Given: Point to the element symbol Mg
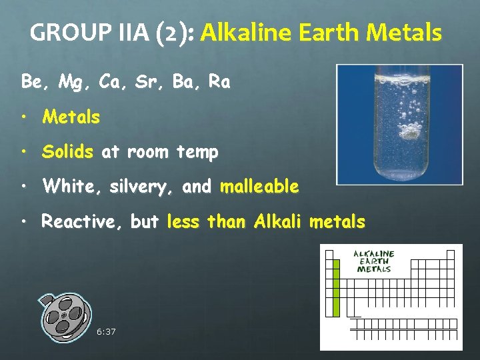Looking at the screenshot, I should pyautogui.click(x=68, y=83).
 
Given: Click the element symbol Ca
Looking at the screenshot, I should pyautogui.click(x=109, y=83).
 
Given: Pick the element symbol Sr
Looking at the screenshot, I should pyautogui.click(x=148, y=83).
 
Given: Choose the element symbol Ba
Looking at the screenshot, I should pyautogui.click(x=185, y=83).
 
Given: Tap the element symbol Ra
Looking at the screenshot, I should pyautogui.click(x=219, y=83).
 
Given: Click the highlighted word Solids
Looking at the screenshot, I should pyautogui.click(x=67, y=152).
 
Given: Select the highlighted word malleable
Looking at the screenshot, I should pyautogui.click(x=259, y=187).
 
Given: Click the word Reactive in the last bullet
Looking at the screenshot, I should pyautogui.click(x=79, y=221).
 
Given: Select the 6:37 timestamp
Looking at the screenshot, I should pyautogui.click(x=105, y=331).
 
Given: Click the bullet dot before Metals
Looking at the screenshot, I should pyautogui.click(x=25, y=118).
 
